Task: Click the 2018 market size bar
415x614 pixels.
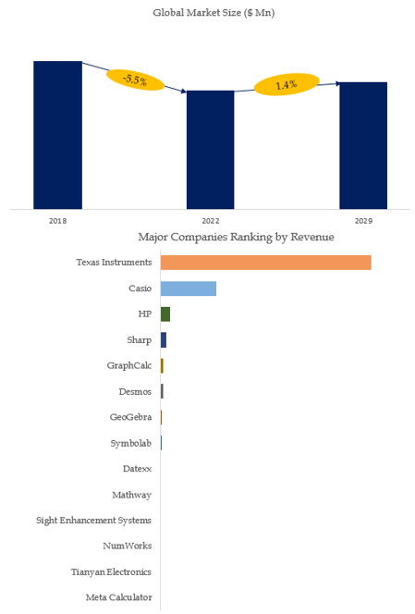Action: coord(57,135)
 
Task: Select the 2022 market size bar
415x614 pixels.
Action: coord(210,150)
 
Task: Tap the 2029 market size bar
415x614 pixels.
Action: coord(363,146)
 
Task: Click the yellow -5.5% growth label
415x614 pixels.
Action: coord(136,80)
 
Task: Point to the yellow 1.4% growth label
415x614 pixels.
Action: coord(287,84)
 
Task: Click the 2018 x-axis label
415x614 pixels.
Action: coord(57,221)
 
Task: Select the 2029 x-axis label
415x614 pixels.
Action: coord(363,221)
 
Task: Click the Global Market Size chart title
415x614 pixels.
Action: coord(214,13)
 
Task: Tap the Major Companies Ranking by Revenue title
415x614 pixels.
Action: coord(236,237)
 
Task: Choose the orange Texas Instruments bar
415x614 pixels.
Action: coord(266,263)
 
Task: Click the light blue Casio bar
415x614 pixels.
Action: coord(189,289)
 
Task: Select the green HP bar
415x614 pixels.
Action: coord(165,314)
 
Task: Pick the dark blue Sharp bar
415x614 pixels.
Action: coord(164,340)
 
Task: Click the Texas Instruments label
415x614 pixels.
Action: coord(114,263)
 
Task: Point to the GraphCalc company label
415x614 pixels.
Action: coord(129,366)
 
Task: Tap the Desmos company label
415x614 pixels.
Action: coord(135,391)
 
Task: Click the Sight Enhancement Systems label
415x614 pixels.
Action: coord(93,521)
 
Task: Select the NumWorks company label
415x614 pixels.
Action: coord(128,546)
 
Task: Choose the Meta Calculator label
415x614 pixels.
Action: coord(119,597)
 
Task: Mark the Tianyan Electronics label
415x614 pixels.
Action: coord(111,572)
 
